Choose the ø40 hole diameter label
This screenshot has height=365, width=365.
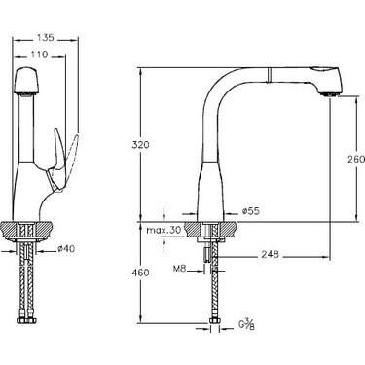pyautogui.click(x=66, y=248)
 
